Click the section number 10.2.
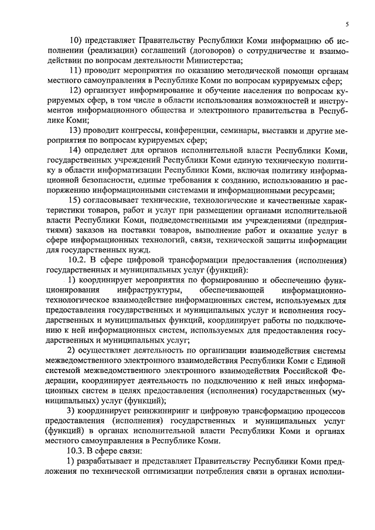click(78, 259)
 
